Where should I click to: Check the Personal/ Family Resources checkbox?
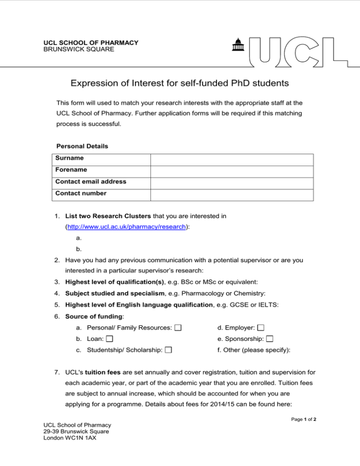(x=178, y=313)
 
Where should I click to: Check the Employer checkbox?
(x=261, y=313)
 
